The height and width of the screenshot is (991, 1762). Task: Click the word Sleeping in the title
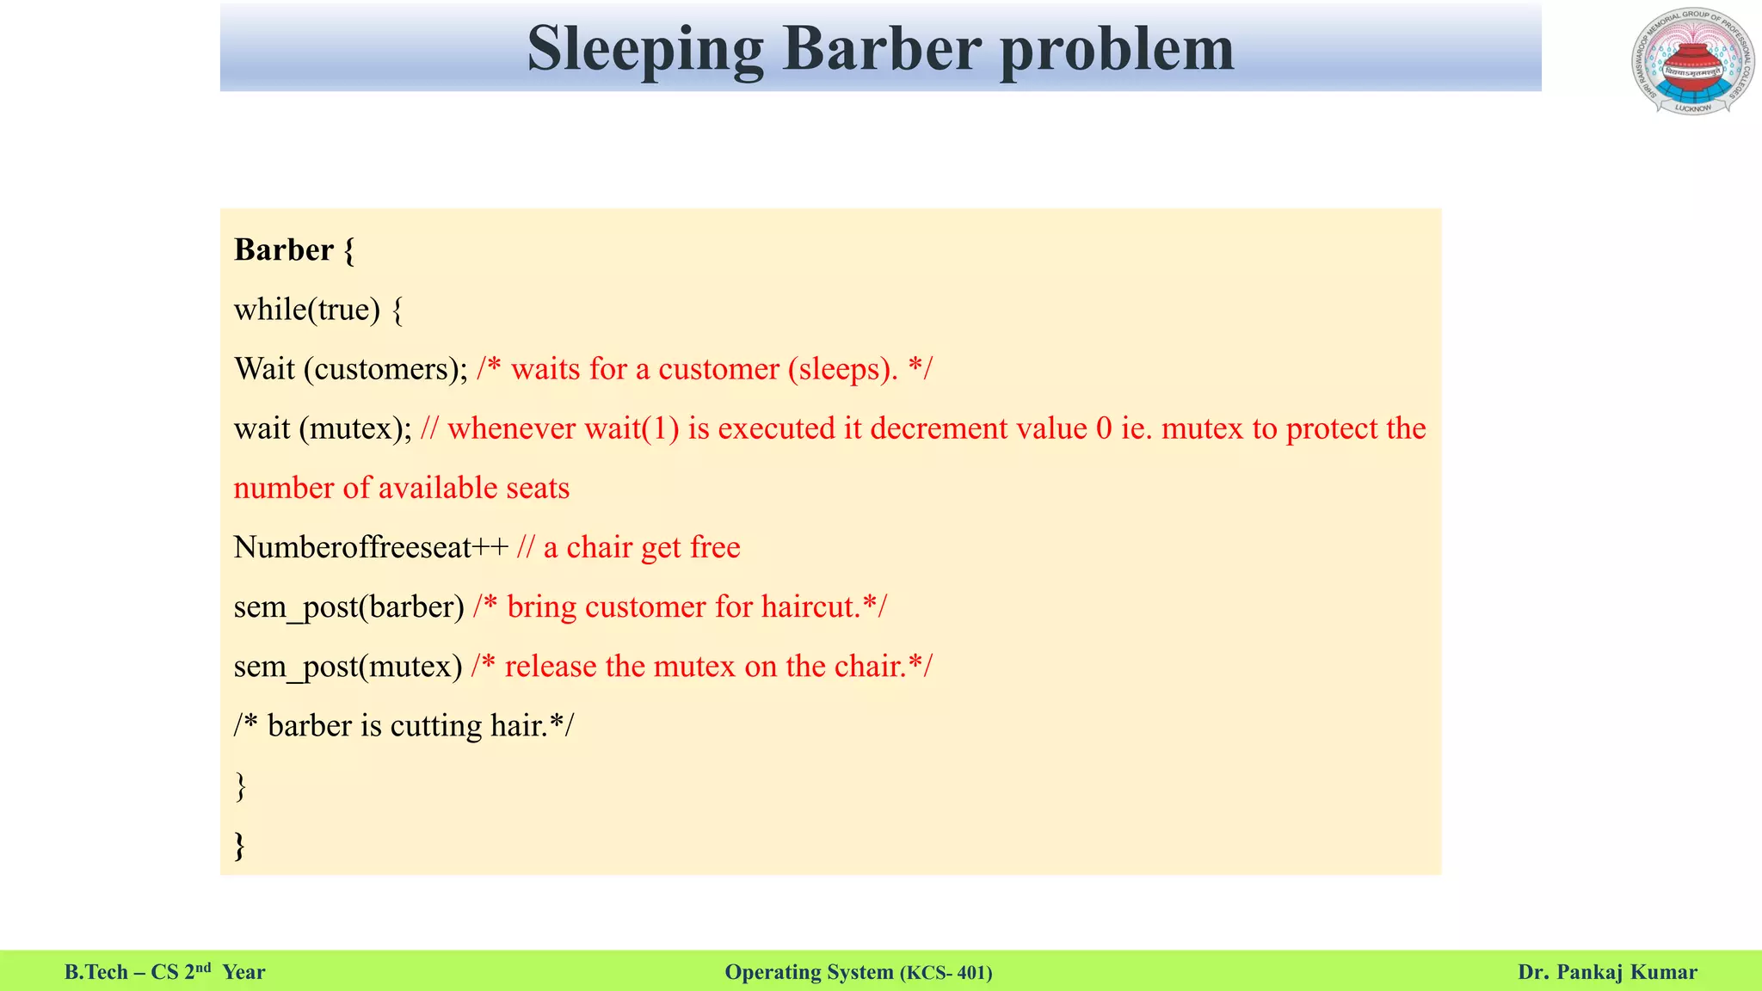click(644, 49)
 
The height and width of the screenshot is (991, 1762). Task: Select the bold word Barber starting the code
click(284, 249)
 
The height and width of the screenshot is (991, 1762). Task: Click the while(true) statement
click(306, 309)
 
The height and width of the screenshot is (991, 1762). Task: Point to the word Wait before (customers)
click(265, 368)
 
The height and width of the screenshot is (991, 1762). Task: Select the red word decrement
click(939, 428)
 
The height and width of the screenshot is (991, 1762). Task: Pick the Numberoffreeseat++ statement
click(371, 547)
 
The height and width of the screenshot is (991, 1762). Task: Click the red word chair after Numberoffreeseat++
click(601, 547)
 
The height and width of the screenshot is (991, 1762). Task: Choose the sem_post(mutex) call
click(348, 667)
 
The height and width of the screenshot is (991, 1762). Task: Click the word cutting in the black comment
click(436, 726)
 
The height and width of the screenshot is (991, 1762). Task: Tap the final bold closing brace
click(240, 845)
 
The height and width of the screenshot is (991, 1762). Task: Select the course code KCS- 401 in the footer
click(946, 973)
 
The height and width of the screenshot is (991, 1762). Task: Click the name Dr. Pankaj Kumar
click(1607, 972)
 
